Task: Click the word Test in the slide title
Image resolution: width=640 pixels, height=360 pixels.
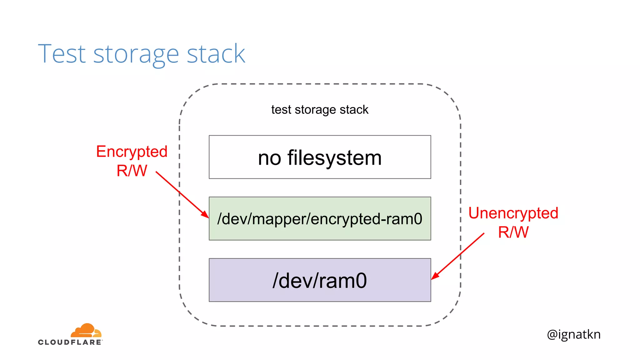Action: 62,54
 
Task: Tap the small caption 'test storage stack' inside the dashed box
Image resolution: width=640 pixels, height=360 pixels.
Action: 320,110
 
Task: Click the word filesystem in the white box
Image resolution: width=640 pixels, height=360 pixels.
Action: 334,157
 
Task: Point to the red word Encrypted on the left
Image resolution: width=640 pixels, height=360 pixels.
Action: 132,152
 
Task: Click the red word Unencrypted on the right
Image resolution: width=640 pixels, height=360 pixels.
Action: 513,213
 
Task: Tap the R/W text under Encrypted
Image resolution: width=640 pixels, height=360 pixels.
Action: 132,171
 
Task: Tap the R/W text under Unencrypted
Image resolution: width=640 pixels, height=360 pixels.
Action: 513,232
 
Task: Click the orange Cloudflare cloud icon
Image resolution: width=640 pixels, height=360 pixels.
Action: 86,331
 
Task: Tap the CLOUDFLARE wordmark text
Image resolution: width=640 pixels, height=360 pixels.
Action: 70,342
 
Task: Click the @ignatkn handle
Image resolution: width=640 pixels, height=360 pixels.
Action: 573,334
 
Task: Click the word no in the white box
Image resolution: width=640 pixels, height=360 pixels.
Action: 269,158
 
